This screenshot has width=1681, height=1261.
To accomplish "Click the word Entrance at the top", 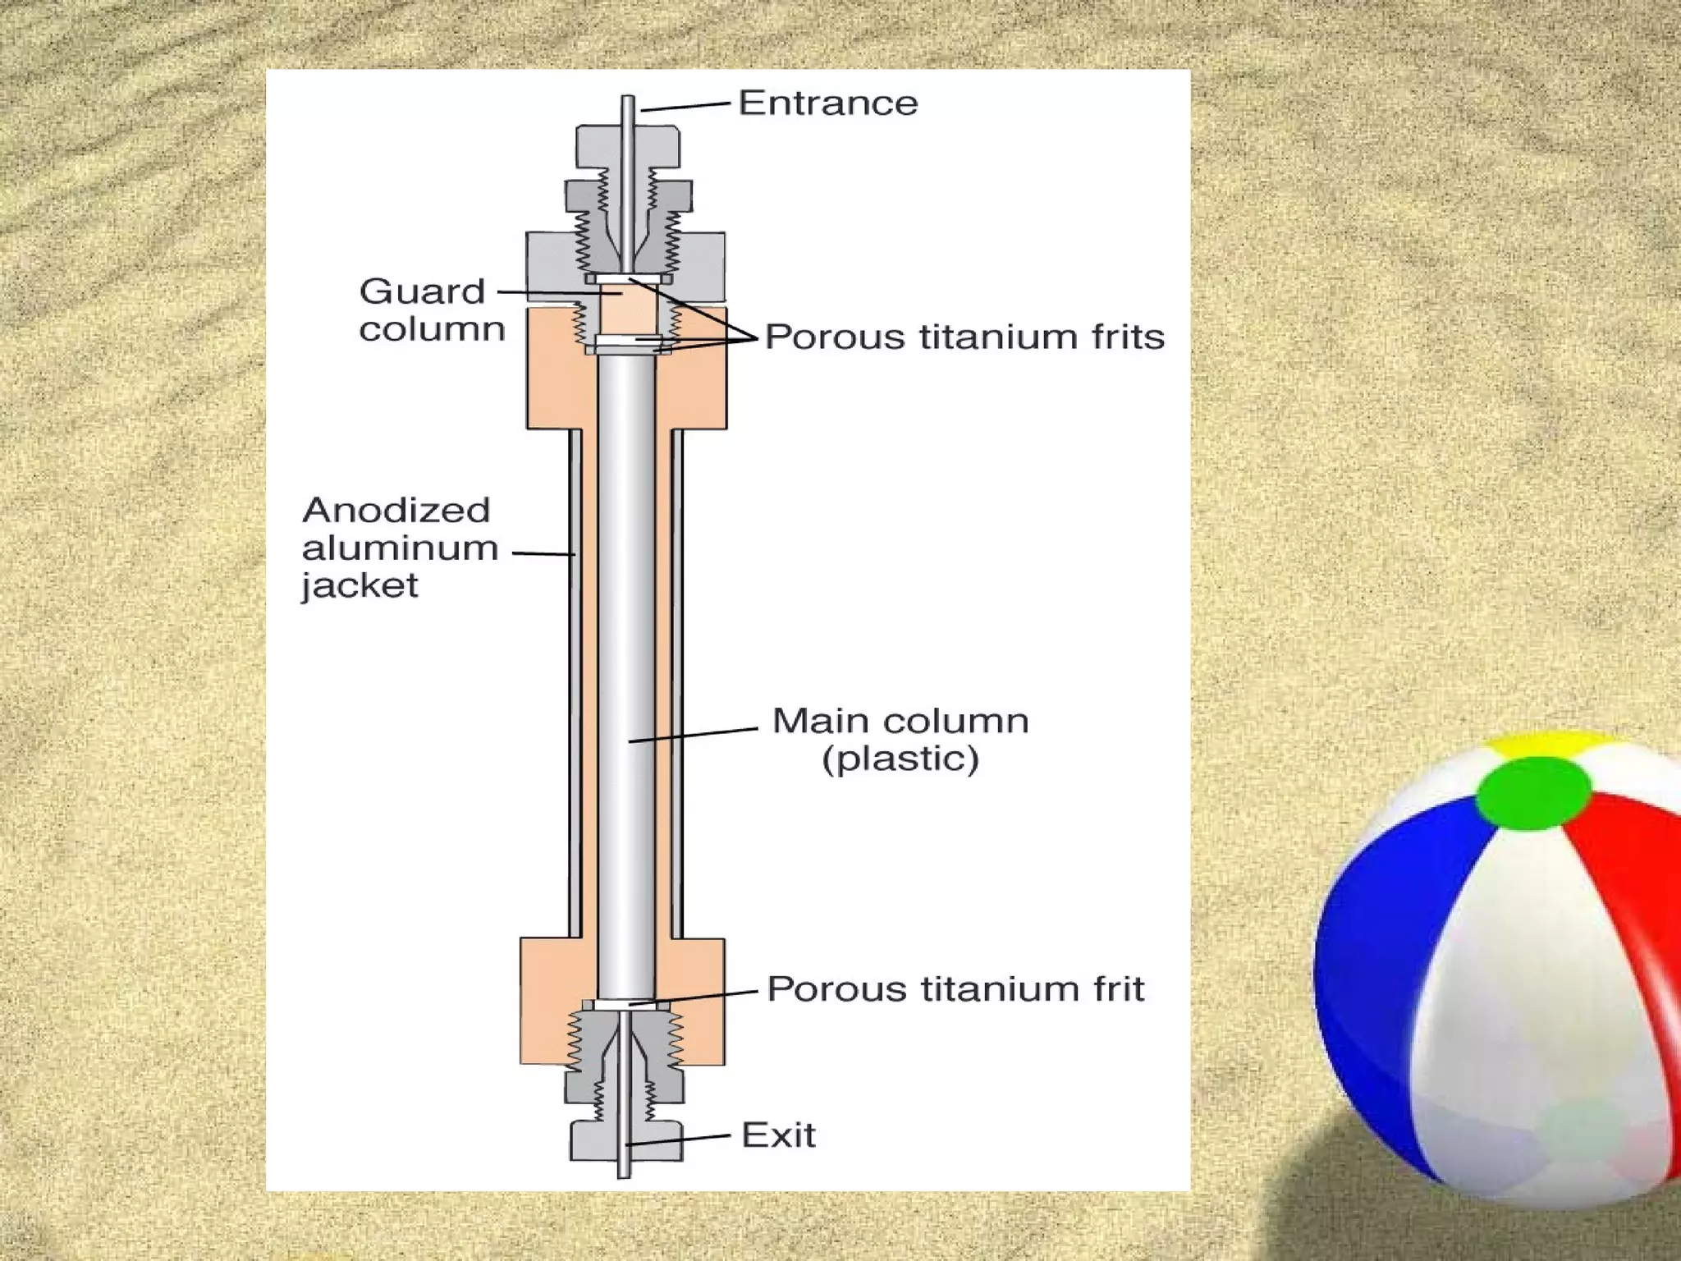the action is click(828, 103).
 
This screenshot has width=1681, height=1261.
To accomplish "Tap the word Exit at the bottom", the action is click(778, 1135).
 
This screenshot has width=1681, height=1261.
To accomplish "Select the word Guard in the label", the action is click(422, 291).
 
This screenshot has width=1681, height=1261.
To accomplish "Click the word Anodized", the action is click(396, 510).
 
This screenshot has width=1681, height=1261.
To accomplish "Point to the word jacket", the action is click(360, 586).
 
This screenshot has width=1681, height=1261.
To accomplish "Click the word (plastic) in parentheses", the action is click(900, 759).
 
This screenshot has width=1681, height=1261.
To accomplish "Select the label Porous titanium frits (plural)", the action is click(964, 337).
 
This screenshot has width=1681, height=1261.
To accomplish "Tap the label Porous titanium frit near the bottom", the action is click(955, 989).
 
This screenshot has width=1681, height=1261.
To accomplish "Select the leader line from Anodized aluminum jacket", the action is click(543, 553).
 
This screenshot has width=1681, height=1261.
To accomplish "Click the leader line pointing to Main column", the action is click(694, 734).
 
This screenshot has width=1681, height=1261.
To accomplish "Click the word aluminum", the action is click(401, 548).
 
